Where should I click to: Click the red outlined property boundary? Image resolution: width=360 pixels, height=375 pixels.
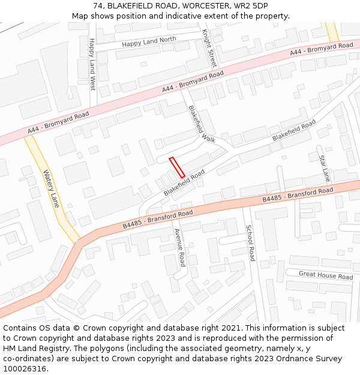coord(176,167)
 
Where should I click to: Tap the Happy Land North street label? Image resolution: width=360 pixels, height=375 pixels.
coord(149,42)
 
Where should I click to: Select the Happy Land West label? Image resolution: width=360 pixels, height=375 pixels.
coord(92,64)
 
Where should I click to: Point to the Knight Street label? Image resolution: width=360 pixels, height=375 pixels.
coord(209,47)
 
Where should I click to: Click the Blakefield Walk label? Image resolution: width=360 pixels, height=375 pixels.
coord(201,124)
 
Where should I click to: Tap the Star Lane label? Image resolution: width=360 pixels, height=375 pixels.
coord(324,169)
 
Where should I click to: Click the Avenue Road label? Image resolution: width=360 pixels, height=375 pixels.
coord(179,247)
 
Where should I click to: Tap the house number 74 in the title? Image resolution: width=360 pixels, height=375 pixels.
coord(98,6)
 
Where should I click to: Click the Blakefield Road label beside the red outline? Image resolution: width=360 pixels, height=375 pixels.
coord(184,182)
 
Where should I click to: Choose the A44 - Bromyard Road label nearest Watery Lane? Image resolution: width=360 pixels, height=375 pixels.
coord(58,122)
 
